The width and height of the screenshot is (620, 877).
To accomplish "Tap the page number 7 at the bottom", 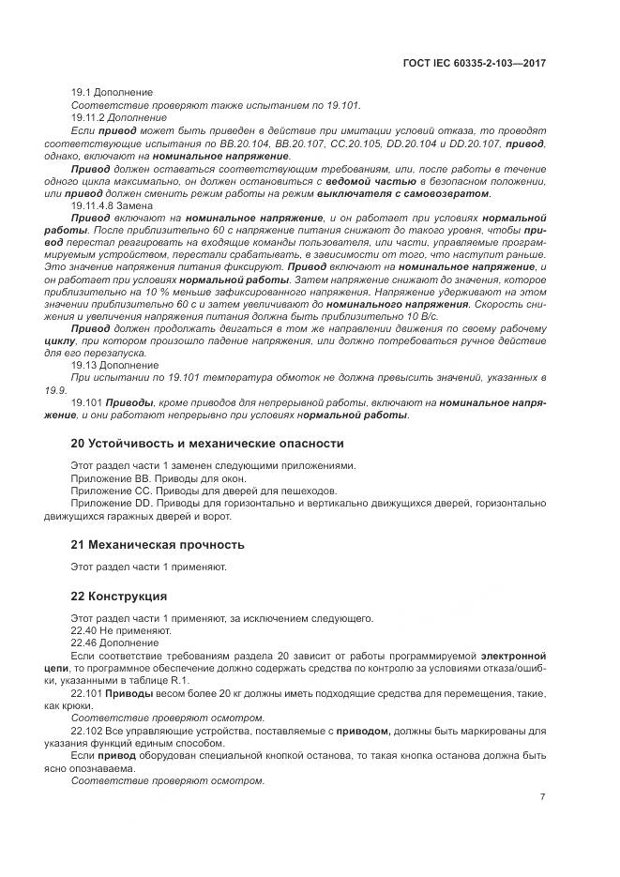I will click(542, 797).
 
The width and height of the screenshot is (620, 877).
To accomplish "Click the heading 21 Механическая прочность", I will click(158, 544).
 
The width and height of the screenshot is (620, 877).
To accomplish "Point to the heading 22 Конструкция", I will click(119, 596).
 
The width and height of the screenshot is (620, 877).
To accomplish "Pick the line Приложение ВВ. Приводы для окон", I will click(144, 477).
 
